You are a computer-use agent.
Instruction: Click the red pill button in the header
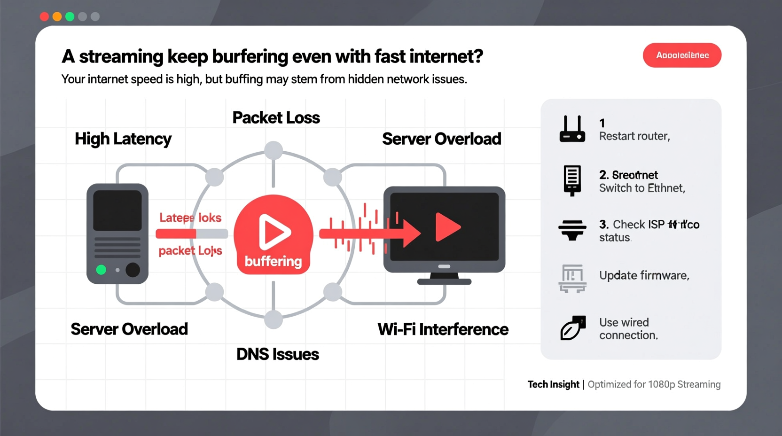(681, 55)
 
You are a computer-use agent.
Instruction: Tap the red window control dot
(44, 17)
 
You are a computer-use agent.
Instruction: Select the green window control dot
(70, 17)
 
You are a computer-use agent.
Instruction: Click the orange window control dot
(57, 17)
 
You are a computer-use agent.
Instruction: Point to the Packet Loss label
(276, 117)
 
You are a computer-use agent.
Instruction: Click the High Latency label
(123, 139)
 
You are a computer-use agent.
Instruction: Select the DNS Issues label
(277, 354)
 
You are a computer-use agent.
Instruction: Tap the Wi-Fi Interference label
(443, 329)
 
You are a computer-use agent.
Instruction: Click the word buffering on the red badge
(273, 261)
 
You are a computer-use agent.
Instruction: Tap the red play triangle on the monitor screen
(446, 227)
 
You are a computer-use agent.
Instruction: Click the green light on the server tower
(101, 270)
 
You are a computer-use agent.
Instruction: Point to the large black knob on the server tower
(133, 270)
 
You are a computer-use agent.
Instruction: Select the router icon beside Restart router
(572, 129)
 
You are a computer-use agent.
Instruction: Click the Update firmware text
(644, 275)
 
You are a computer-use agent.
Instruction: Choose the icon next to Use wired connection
(573, 328)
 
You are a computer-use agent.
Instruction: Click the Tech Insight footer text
(553, 384)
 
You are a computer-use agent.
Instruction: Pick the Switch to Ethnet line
(642, 188)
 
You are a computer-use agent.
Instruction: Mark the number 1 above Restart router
(602, 123)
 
